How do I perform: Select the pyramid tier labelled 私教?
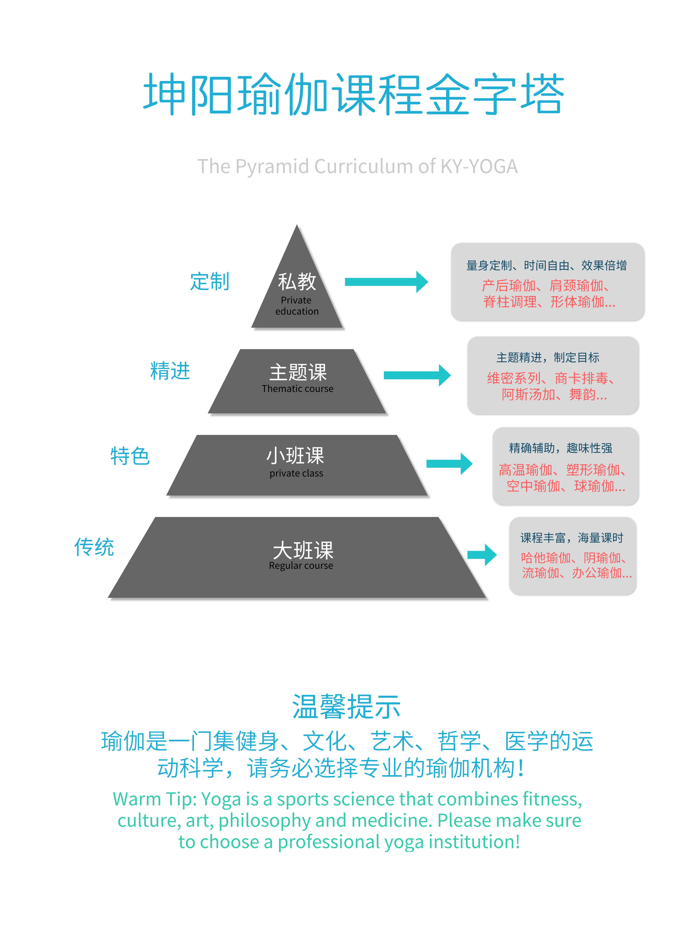pyautogui.click(x=297, y=290)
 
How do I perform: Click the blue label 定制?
pyautogui.click(x=210, y=281)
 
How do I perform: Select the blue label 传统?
pyautogui.click(x=94, y=547)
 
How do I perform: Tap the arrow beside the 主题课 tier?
pyautogui.click(x=417, y=375)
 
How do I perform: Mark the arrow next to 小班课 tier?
pyautogui.click(x=449, y=464)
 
